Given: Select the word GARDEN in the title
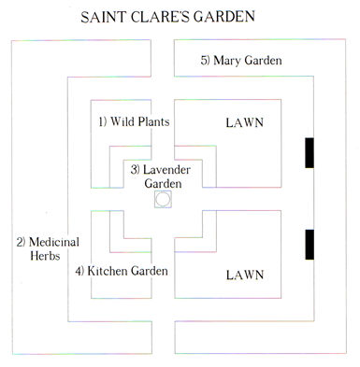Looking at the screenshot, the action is tap(238, 19).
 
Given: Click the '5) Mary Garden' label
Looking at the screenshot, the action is tap(241, 61).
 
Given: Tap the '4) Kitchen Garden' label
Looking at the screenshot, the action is tap(122, 272).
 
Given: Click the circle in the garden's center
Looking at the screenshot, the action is tap(163, 200).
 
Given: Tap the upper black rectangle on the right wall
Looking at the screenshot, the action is tap(309, 153).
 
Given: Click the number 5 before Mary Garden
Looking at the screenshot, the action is tap(205, 61).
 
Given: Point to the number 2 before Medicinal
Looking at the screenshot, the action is tap(19, 242).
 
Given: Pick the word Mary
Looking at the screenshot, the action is tap(229, 61).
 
